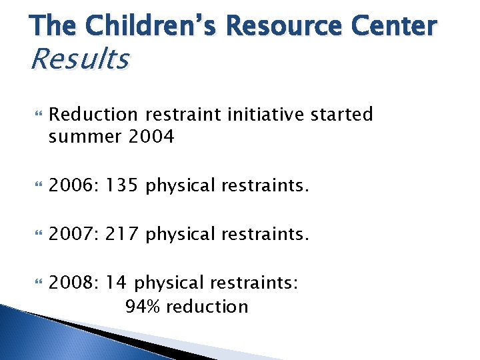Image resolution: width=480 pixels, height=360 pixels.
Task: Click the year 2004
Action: coord(152,137)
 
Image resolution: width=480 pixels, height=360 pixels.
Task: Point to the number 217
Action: coord(120,234)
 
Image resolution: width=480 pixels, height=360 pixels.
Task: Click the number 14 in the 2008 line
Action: coord(115,283)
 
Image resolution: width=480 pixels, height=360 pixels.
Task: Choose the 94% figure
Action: coord(143,306)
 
